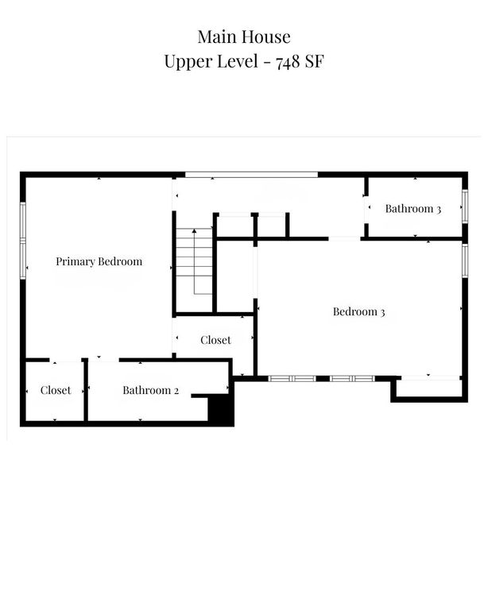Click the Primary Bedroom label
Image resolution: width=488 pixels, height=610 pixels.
point(99,261)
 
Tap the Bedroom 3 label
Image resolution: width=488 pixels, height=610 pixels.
point(358,312)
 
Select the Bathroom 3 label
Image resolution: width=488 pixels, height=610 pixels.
point(413,209)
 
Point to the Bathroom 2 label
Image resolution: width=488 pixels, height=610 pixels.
point(151,390)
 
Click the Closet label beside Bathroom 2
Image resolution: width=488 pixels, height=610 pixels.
point(56,390)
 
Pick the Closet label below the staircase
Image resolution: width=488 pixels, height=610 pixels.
point(215,340)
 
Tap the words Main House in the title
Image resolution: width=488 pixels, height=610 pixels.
point(244,37)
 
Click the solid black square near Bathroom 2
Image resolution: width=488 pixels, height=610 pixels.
point(219,410)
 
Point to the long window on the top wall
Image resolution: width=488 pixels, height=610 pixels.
point(251,174)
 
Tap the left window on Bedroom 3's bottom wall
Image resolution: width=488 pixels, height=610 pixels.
point(292,378)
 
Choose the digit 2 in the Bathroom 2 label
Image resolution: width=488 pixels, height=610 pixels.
point(176,390)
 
